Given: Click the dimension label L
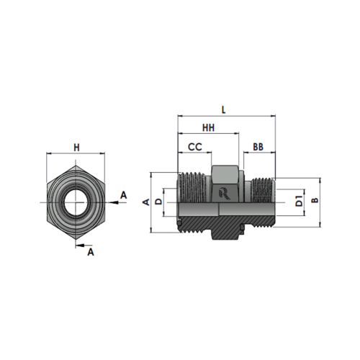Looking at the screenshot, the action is click(x=224, y=109).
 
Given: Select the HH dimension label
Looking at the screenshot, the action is click(x=208, y=127).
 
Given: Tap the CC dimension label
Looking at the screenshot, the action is click(x=195, y=147).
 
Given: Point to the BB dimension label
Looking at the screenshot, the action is click(x=258, y=147).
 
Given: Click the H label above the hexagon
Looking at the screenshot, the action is click(x=76, y=148).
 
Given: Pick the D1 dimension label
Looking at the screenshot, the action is click(x=299, y=201).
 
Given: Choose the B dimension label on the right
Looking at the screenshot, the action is click(x=315, y=200).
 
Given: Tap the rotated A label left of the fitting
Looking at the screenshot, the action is click(x=146, y=202).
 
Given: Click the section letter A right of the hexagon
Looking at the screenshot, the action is click(x=123, y=195).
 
